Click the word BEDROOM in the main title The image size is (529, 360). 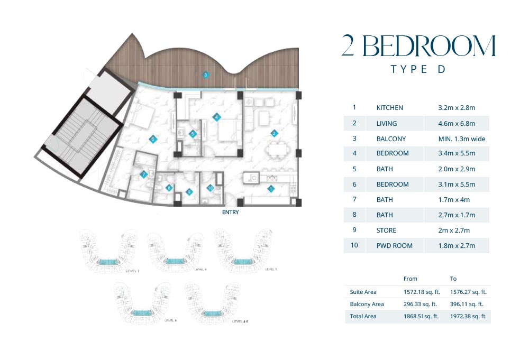(428, 47)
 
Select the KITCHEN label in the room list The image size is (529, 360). (389, 108)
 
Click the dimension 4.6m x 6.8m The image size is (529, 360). (457, 124)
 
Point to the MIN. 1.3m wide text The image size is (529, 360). (461, 139)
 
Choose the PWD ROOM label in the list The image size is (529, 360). (394, 246)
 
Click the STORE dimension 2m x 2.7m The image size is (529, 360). (454, 230)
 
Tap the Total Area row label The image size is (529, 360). (363, 316)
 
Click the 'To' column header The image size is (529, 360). (453, 279)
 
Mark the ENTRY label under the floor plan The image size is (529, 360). (231, 213)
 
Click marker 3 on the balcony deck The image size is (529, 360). (206, 75)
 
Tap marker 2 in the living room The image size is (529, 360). (274, 133)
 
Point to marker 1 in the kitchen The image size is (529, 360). (271, 188)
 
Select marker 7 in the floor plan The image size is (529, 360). (143, 174)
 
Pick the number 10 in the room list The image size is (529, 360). (354, 246)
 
